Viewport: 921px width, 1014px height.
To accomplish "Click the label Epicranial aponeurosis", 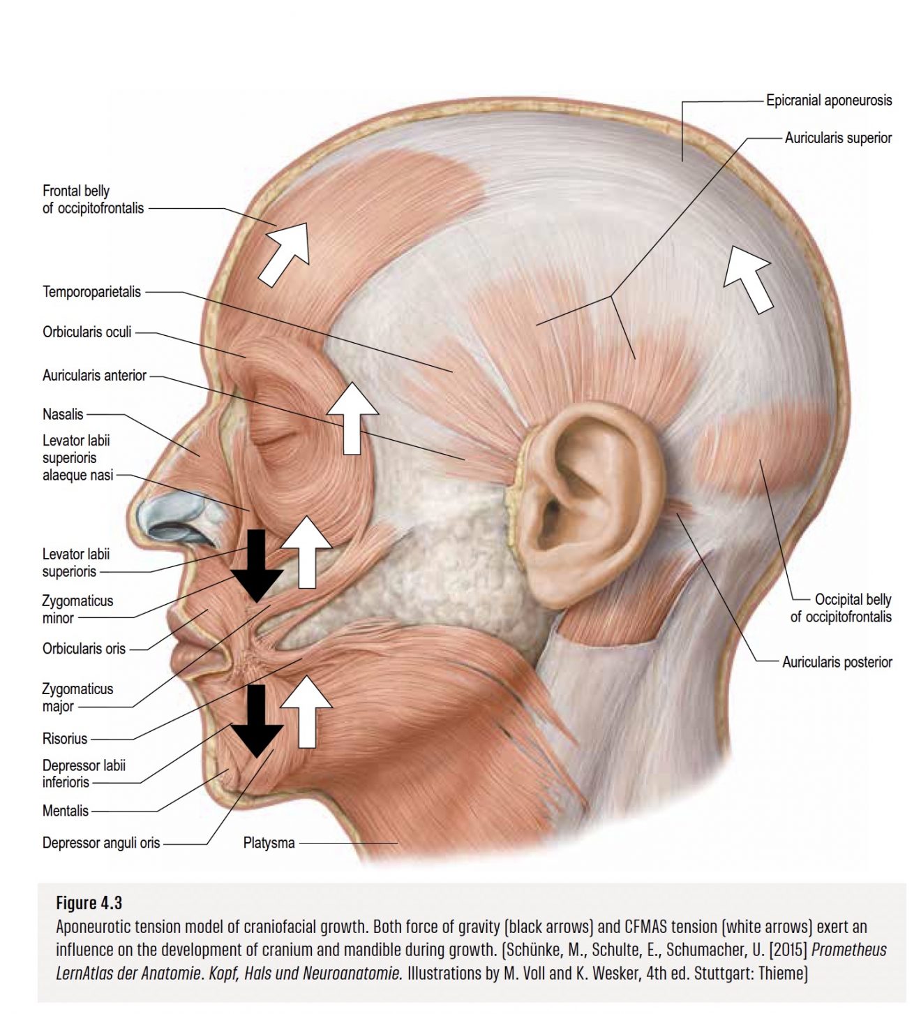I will pyautogui.click(x=828, y=101).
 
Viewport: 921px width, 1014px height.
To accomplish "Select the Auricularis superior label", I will pyautogui.click(x=838, y=138).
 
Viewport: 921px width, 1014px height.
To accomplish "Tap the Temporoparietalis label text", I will pyautogui.click(x=91, y=292).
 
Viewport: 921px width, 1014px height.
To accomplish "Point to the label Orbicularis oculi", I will pyautogui.click(x=87, y=332).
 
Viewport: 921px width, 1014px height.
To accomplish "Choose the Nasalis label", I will pyautogui.click(x=63, y=414).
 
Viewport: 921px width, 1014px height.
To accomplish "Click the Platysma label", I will pyautogui.click(x=269, y=843).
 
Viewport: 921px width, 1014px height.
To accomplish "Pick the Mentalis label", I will pyautogui.click(x=66, y=811).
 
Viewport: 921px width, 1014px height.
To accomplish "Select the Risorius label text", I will pyautogui.click(x=65, y=738).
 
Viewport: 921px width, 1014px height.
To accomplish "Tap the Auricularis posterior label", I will pyautogui.click(x=837, y=662).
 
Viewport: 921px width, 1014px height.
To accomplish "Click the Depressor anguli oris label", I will pyautogui.click(x=101, y=843).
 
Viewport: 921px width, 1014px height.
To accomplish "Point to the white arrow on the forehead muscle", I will pyautogui.click(x=285, y=253).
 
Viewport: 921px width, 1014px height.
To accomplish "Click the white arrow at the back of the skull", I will pyautogui.click(x=748, y=278).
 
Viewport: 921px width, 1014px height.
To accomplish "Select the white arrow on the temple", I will pyautogui.click(x=352, y=417).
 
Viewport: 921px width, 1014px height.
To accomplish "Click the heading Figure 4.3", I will pyautogui.click(x=89, y=903).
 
